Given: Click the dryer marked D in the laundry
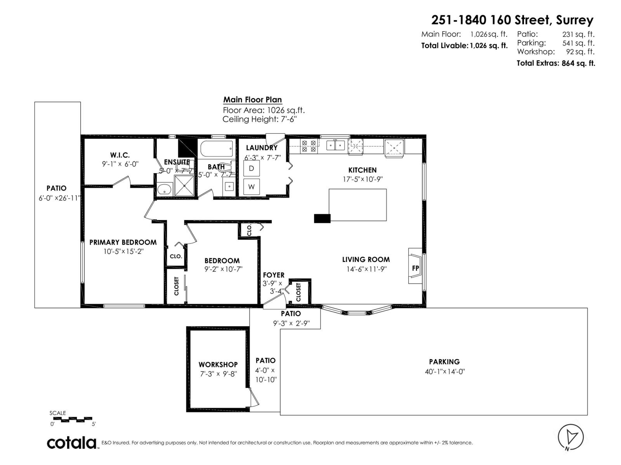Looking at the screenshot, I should pyautogui.click(x=252, y=169).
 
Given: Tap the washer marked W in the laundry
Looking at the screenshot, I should pyautogui.click(x=252, y=187).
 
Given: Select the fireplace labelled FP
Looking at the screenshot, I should pyautogui.click(x=415, y=268).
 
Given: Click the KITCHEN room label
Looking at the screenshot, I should pyautogui.click(x=362, y=170).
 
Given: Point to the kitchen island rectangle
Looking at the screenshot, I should pyautogui.click(x=357, y=205).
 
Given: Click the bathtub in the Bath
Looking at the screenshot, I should pyautogui.click(x=217, y=148).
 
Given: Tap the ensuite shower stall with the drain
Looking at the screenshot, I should pyautogui.click(x=184, y=186).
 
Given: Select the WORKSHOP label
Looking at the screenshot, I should pyautogui.click(x=218, y=365).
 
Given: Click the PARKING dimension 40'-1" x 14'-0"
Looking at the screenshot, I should pyautogui.click(x=444, y=372).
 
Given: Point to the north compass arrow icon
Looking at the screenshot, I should pyautogui.click(x=571, y=437).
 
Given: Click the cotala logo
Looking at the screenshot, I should pyautogui.click(x=72, y=443).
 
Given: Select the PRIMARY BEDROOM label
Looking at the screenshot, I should pyautogui.click(x=123, y=242).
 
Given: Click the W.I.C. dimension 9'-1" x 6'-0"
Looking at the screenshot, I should pyautogui.click(x=120, y=164).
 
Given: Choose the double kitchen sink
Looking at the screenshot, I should pyautogui.click(x=335, y=146).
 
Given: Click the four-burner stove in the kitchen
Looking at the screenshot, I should pyautogui.click(x=309, y=146).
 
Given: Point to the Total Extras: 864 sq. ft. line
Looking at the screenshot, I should pyautogui.click(x=555, y=63).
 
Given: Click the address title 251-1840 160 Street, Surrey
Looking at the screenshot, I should pyautogui.click(x=512, y=20).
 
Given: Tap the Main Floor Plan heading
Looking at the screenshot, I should pyautogui.click(x=252, y=100).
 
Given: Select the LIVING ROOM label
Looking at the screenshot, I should pyautogui.click(x=366, y=260).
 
